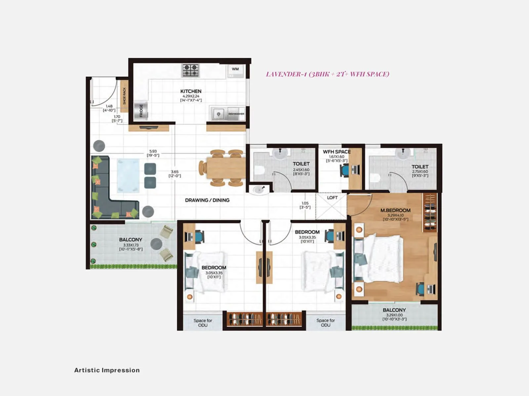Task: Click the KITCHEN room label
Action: [x=191, y=91]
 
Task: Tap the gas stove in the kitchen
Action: [x=190, y=70]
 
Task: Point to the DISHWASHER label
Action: [x=236, y=114]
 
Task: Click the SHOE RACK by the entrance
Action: [x=124, y=96]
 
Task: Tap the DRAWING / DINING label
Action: [x=207, y=200]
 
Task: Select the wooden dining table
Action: [x=226, y=168]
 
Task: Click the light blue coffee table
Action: [x=128, y=175]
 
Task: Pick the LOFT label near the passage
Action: [x=332, y=198]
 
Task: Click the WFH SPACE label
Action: [x=337, y=152]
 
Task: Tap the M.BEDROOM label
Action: [x=395, y=210]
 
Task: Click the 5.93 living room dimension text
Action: [x=153, y=151]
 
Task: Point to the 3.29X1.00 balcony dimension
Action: [x=394, y=315]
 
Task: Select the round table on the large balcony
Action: [x=156, y=244]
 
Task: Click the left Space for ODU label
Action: [x=203, y=323]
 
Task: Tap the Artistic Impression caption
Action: [x=107, y=370]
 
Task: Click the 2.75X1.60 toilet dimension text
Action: [x=420, y=172]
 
